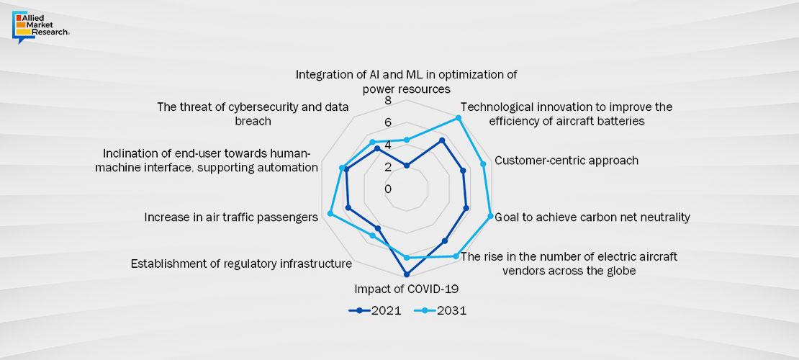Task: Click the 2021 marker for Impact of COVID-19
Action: coord(407,274)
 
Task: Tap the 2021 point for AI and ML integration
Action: coord(407,166)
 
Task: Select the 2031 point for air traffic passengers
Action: coord(330,213)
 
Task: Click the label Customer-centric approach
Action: coord(566,161)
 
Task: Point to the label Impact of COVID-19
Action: coord(407,289)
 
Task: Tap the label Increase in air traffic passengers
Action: coord(230,216)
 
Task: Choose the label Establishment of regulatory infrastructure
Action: coord(241,264)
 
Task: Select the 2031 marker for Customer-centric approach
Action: coord(483,164)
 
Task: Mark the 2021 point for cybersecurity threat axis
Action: coord(376,149)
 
